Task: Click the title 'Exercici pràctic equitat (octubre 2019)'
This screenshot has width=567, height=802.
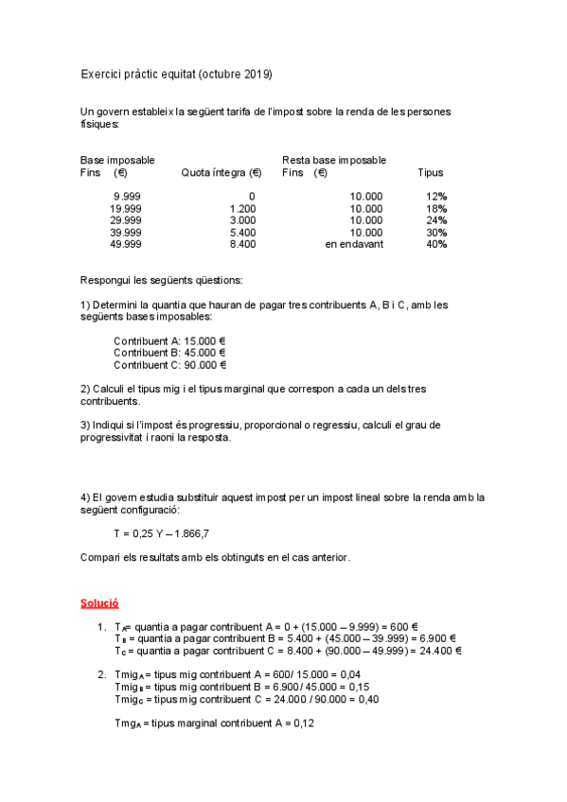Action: coord(176,74)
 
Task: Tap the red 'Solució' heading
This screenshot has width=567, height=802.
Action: coord(99,602)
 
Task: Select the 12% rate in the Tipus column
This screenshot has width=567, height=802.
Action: coord(436,196)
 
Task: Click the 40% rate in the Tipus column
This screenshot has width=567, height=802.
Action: coord(436,244)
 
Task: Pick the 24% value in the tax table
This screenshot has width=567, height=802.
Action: coord(436,220)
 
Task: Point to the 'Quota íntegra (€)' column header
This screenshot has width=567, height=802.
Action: coord(221,173)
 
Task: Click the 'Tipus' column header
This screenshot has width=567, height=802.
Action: coord(430,173)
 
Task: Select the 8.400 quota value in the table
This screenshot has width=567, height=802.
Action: coord(242,244)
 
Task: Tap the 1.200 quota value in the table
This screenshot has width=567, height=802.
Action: coord(242,208)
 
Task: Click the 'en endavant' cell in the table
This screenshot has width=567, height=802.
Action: coord(354,244)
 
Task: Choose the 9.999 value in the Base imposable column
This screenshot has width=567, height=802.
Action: coord(127,196)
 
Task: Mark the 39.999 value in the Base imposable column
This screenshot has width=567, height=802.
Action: coord(126,232)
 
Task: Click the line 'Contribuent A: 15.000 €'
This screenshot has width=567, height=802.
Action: coord(169,340)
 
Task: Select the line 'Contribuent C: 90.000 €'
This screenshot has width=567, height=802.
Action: coord(169,364)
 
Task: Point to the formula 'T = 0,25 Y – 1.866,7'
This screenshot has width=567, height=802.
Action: coord(161,533)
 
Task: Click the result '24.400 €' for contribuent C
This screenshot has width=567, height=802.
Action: coord(438,651)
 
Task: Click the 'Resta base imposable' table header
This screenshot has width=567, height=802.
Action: coord(334,161)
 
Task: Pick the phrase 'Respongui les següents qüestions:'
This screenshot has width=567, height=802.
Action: coord(161,280)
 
